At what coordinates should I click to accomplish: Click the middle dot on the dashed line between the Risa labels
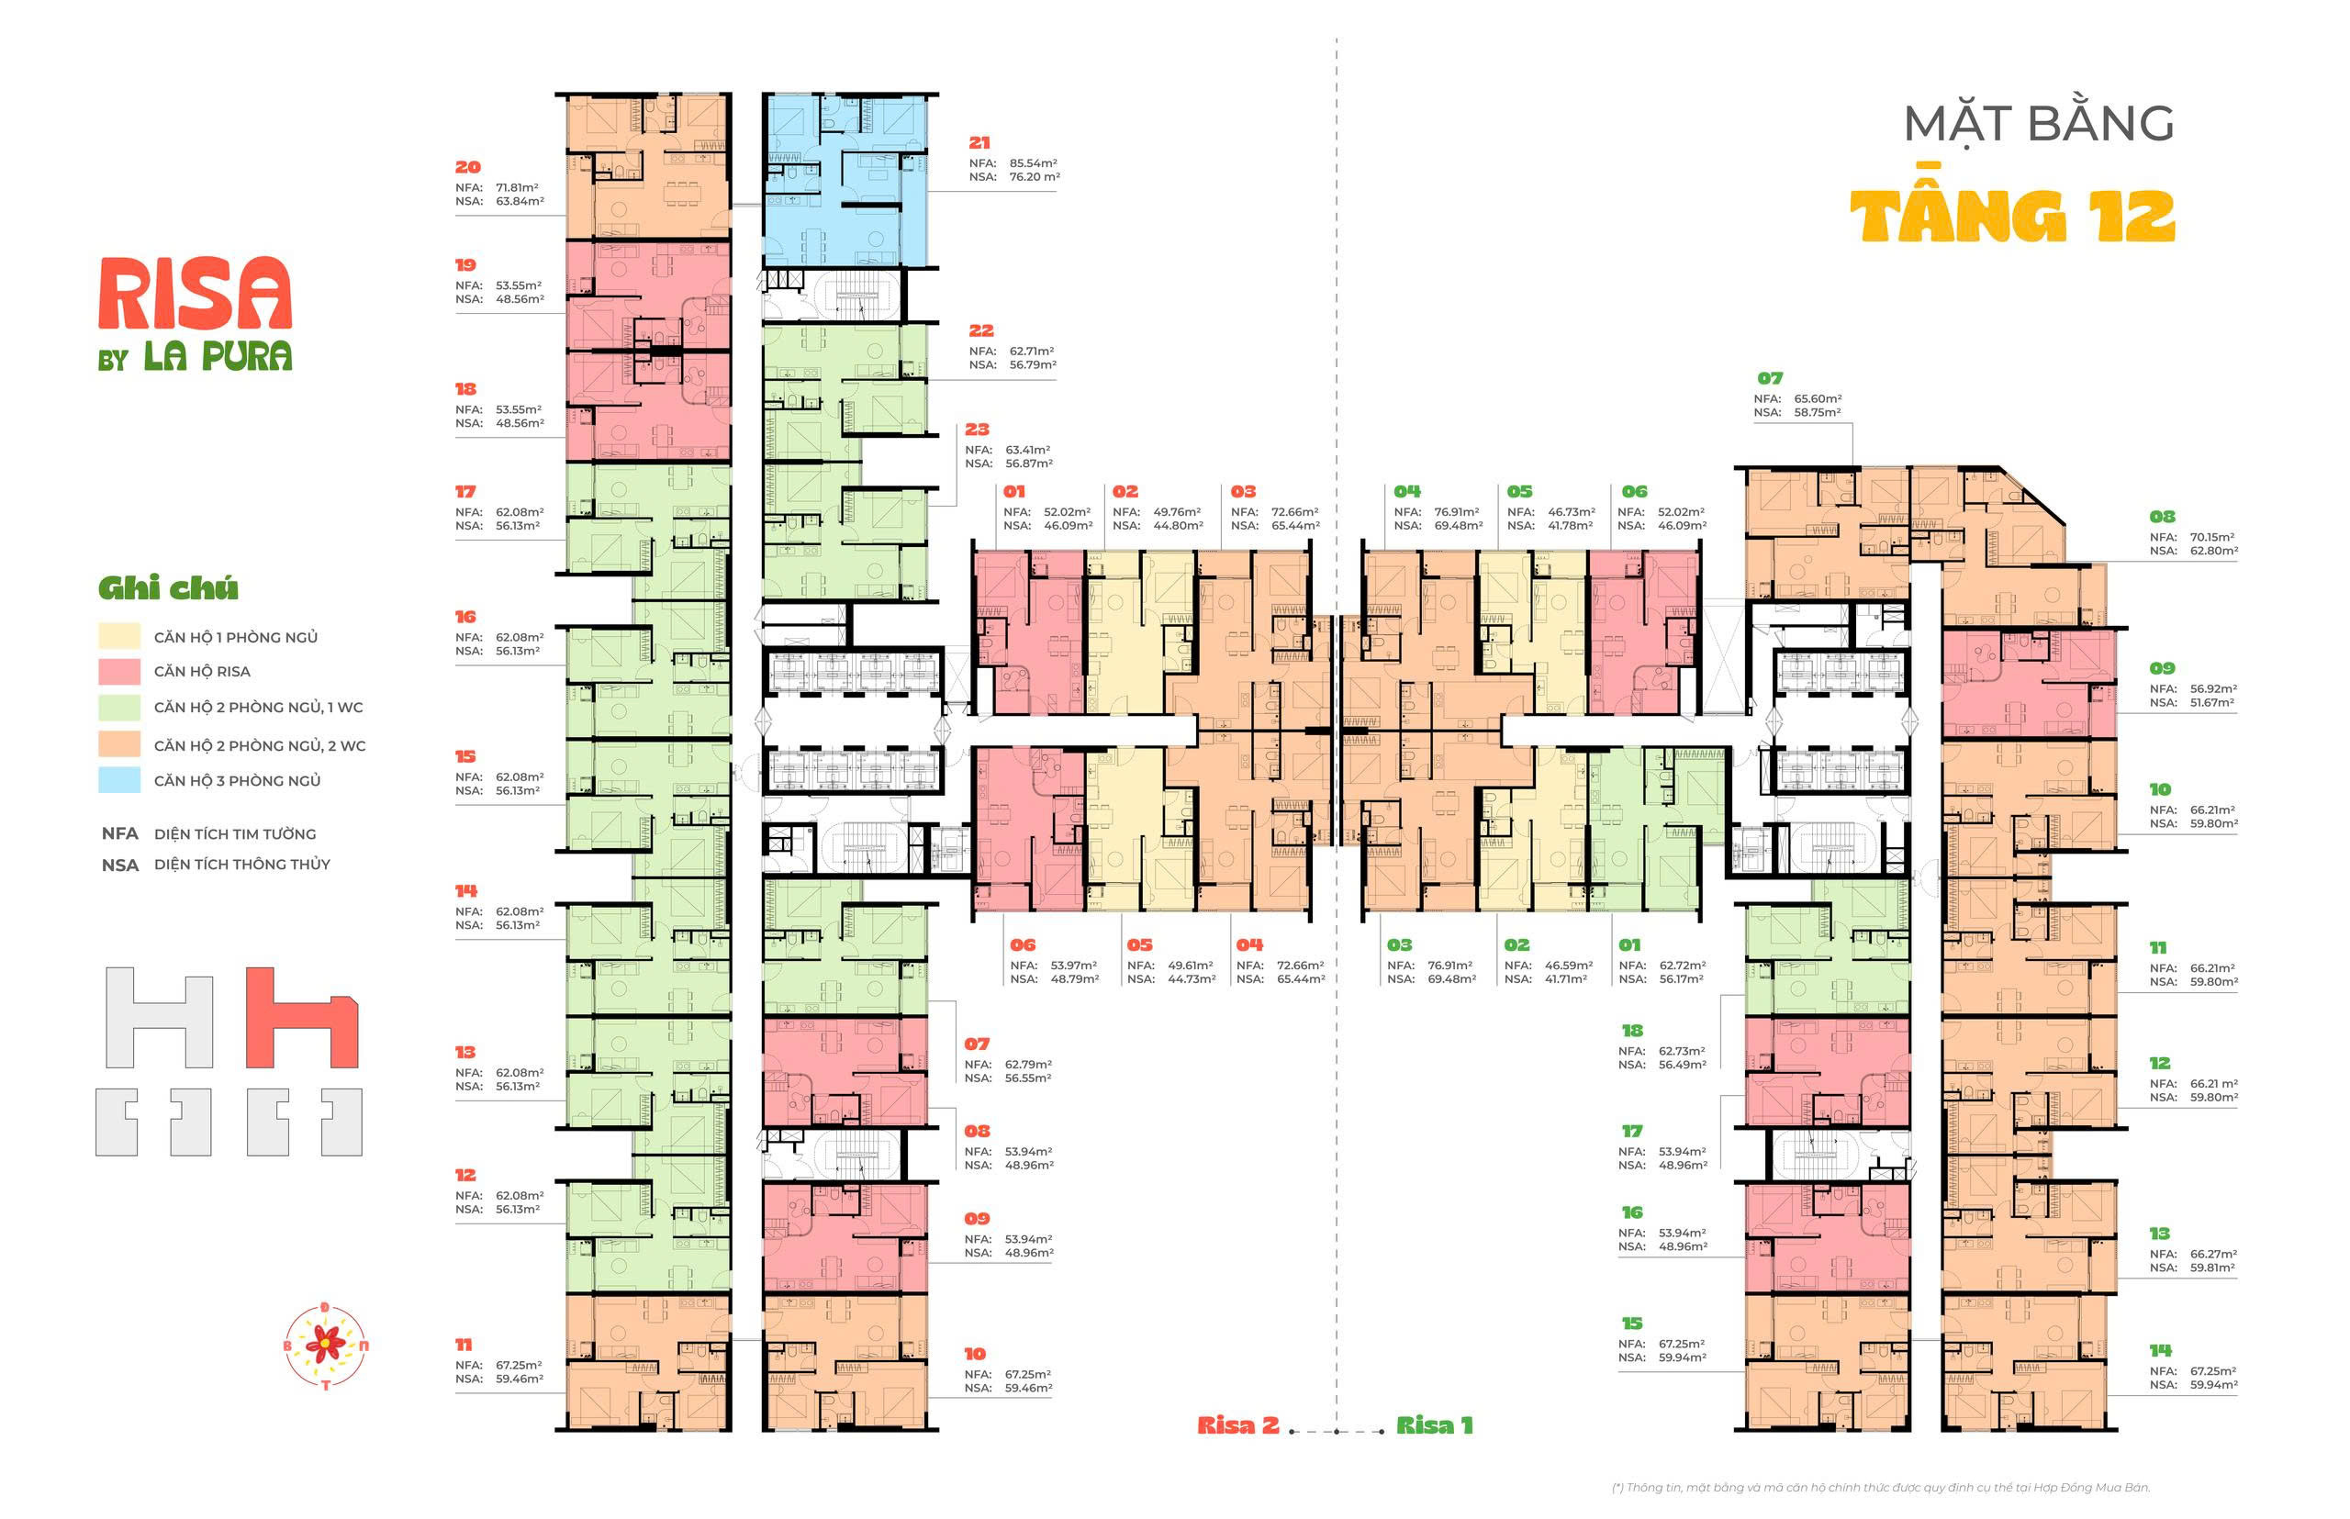[x=1337, y=1431]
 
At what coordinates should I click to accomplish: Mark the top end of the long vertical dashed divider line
[x=1337, y=39]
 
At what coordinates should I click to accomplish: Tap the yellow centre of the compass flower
[x=325, y=1343]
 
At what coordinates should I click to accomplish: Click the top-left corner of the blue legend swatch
[x=98, y=767]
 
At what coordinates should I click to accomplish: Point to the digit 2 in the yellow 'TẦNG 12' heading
[x=2147, y=216]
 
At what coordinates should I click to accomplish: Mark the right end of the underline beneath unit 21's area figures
[x=1057, y=190]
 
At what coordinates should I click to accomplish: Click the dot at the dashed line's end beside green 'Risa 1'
[x=1382, y=1431]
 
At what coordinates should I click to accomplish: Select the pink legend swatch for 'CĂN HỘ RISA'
[x=119, y=672]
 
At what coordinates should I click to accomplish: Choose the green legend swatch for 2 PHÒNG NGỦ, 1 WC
[x=119, y=708]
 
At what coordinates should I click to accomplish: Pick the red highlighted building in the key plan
[x=301, y=1017]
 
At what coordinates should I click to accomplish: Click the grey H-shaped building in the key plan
[x=159, y=1017]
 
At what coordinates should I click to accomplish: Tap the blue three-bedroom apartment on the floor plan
[x=845, y=180]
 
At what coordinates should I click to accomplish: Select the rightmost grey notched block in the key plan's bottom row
[x=341, y=1122]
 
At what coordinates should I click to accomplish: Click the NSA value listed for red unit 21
[x=1035, y=177]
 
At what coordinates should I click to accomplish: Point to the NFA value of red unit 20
[x=517, y=187]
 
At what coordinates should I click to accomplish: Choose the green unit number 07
[x=1770, y=378]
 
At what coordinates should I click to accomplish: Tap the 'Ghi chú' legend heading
[x=168, y=589]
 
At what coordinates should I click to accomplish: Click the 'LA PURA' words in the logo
[x=218, y=356]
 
